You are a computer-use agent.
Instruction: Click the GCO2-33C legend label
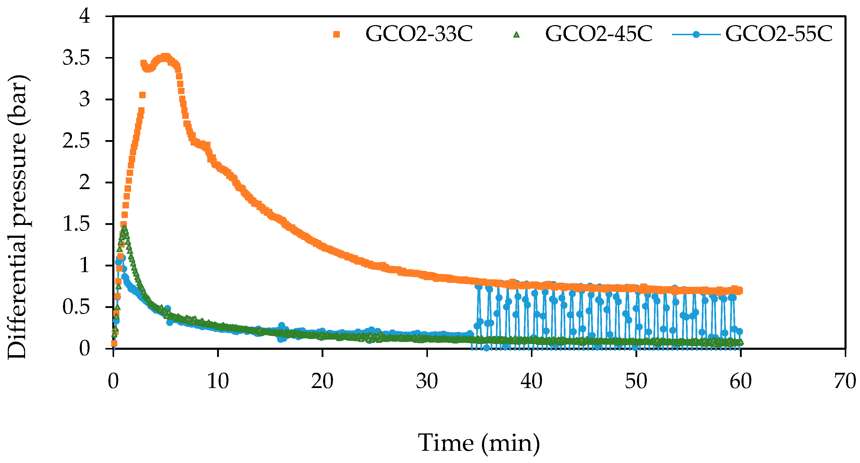(x=419, y=34)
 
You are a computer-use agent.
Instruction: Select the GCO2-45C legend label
(x=599, y=34)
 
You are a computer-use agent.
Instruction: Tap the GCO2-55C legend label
(x=779, y=34)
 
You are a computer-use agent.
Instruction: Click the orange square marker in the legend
(x=337, y=34)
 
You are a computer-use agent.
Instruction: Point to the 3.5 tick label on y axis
(x=76, y=58)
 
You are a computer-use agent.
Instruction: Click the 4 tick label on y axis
(x=85, y=16)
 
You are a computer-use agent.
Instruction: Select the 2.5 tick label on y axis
(x=76, y=141)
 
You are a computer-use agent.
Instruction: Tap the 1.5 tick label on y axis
(x=76, y=224)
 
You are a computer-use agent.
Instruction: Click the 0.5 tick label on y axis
(x=76, y=307)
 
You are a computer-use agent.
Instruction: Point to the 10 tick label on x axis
(x=218, y=381)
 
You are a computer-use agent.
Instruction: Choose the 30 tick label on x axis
(x=427, y=381)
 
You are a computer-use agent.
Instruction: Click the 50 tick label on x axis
(x=636, y=381)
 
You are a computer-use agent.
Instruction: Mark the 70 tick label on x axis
(x=845, y=381)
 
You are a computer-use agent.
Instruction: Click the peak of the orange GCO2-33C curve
(x=166, y=57)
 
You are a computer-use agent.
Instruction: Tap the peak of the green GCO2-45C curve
(x=125, y=229)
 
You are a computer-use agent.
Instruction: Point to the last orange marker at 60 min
(x=739, y=291)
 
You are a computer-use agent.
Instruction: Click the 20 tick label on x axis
(x=322, y=381)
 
